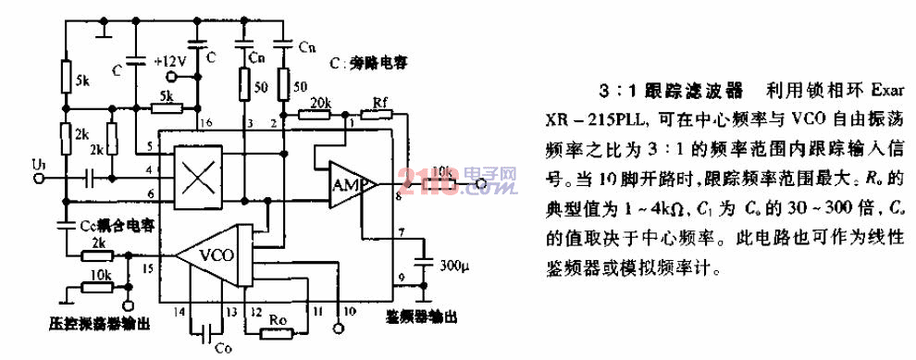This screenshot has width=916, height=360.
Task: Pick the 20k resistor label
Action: [321, 101]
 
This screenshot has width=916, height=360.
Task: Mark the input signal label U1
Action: [37, 164]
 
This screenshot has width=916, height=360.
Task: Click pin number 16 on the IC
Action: [205, 123]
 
